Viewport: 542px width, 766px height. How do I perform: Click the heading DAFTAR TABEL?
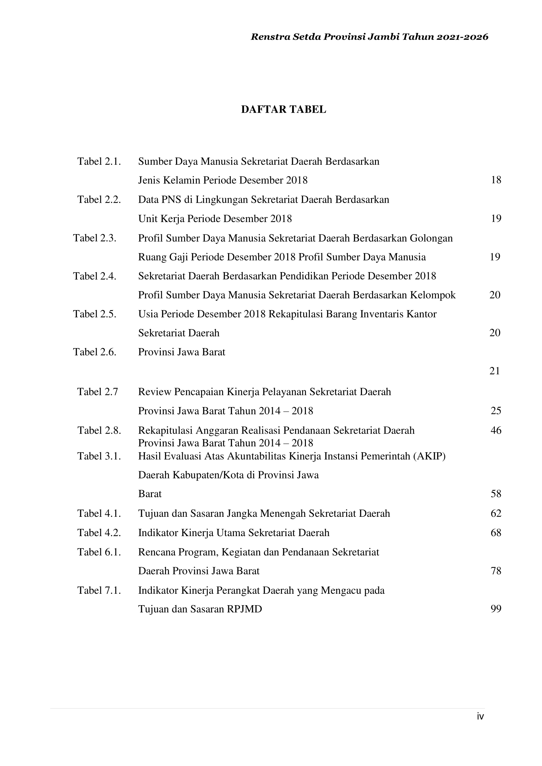pos(283,109)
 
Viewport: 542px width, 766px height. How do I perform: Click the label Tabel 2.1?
pos(99,161)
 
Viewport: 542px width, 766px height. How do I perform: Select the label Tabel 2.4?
pos(95,276)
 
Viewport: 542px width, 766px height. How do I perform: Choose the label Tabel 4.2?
pos(99,533)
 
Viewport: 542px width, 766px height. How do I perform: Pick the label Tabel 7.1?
pos(99,590)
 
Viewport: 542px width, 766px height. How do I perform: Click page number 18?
pos(496,180)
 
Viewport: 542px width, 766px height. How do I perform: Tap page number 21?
pos(495,371)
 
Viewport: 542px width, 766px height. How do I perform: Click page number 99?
pos(496,609)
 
